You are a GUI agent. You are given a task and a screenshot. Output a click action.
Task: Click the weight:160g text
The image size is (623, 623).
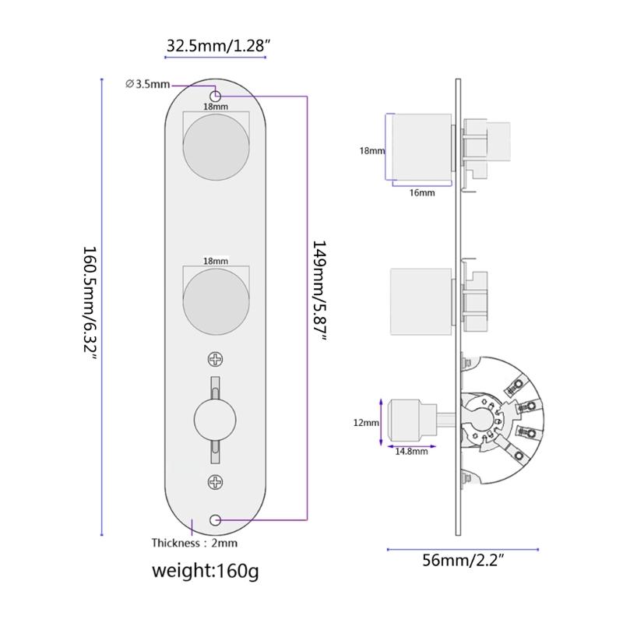click(206, 570)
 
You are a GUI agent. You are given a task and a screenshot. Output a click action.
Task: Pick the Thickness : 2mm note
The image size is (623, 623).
click(194, 543)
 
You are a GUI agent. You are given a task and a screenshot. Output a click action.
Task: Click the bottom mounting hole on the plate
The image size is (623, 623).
click(216, 519)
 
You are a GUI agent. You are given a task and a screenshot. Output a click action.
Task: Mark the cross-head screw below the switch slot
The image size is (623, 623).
click(216, 482)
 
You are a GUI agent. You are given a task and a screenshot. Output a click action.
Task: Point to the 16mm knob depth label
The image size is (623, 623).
click(421, 192)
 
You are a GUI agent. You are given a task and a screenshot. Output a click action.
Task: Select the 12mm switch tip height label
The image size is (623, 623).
click(365, 422)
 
